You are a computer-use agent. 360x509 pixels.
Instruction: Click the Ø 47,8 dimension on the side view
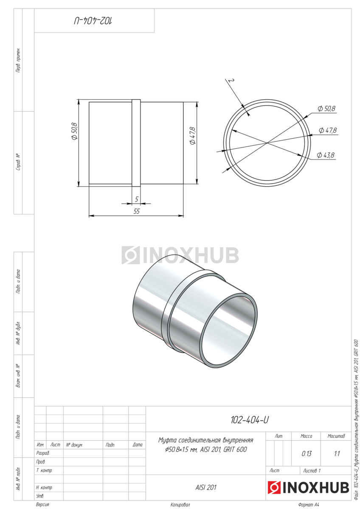pyautogui.click(x=192, y=135)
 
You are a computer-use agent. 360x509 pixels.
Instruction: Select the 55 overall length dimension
pyautogui.click(x=136, y=211)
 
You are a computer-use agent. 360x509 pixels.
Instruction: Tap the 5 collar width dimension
pyautogui.click(x=136, y=199)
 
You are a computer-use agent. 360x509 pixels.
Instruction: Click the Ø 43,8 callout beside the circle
pyautogui.click(x=326, y=155)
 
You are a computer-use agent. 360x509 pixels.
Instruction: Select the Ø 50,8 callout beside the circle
pyautogui.click(x=326, y=109)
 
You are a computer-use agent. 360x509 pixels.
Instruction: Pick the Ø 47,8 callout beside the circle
pyautogui.click(x=327, y=131)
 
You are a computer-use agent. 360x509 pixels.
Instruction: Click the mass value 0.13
pyautogui.click(x=307, y=454)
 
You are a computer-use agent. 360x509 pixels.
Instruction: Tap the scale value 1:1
pyautogui.click(x=337, y=454)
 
